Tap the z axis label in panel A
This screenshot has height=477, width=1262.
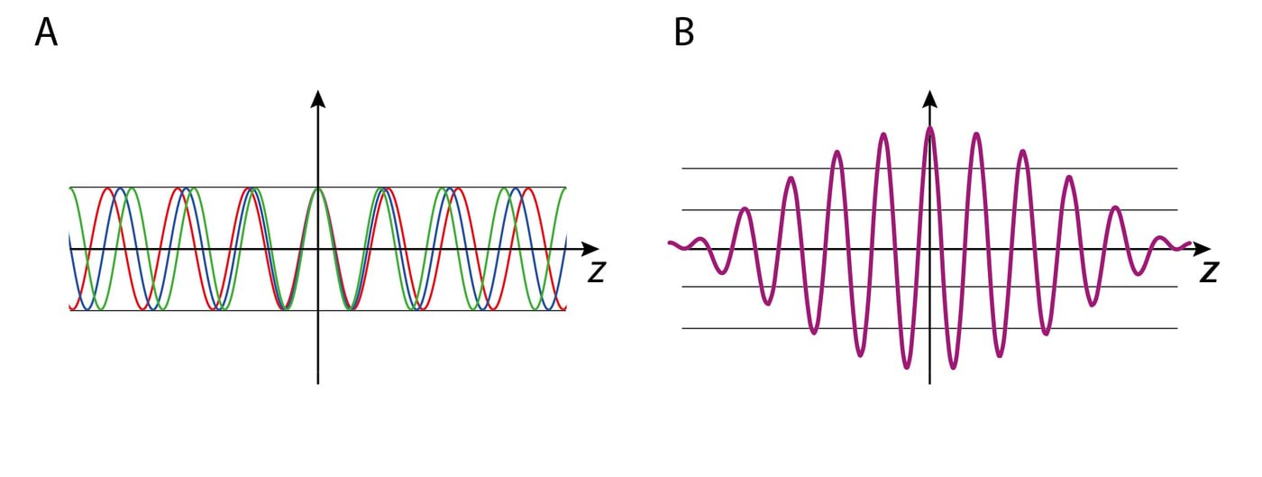[596, 271]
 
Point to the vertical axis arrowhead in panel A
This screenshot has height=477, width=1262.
[317, 98]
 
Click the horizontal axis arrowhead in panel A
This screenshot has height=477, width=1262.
[590, 248]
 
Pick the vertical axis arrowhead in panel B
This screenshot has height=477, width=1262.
[929, 98]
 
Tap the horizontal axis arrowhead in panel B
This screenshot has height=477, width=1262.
[1203, 245]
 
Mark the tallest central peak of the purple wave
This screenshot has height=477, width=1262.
[929, 129]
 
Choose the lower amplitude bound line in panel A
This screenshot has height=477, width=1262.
[180, 310]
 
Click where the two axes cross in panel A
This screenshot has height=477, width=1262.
[317, 248]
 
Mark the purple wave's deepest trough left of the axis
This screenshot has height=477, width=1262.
[907, 366]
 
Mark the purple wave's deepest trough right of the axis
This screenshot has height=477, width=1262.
[953, 366]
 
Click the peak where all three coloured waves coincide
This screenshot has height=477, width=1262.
[317, 188]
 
